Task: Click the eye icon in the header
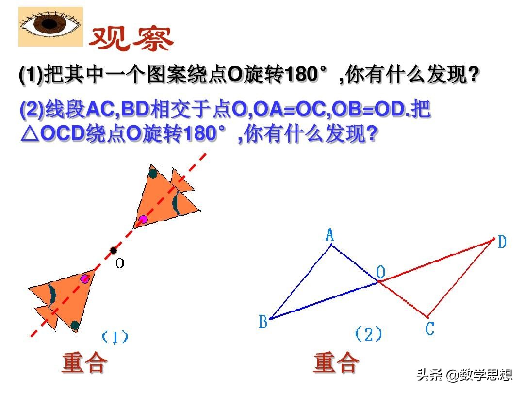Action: click(x=50, y=26)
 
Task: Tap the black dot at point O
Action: click(x=113, y=250)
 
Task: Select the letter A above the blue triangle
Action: click(x=330, y=236)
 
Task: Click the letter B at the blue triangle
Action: click(x=263, y=322)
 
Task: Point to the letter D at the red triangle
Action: click(x=502, y=242)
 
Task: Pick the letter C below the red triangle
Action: click(x=429, y=329)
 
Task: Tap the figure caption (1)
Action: click(x=115, y=336)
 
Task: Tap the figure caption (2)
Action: click(x=368, y=334)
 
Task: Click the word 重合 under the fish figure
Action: click(x=84, y=363)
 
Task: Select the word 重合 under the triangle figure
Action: click(x=336, y=363)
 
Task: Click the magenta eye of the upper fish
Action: click(x=143, y=219)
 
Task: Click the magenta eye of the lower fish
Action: click(x=85, y=278)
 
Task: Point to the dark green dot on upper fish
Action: click(x=153, y=173)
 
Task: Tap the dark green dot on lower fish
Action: click(x=75, y=325)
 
